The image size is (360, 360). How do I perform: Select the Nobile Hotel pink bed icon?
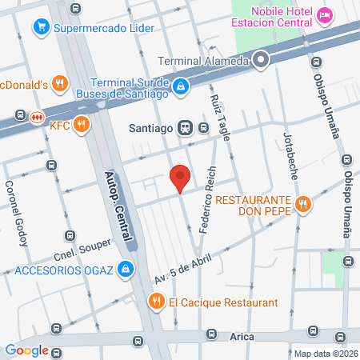pos(325,15)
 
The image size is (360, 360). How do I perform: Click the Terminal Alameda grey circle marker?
pos(260,60)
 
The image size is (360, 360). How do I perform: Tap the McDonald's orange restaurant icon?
pos(58,83)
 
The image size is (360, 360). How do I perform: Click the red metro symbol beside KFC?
pos(35,117)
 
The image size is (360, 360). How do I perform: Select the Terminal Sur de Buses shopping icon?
pos(182,86)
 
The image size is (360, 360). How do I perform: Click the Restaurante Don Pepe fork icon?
pos(302,204)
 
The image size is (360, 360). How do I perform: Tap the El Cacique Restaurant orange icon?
pos(156,302)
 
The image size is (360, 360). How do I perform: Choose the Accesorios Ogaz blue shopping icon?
pos(125,270)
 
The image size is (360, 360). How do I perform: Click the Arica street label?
pos(242,337)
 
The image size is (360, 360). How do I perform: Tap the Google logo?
pos(26,350)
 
